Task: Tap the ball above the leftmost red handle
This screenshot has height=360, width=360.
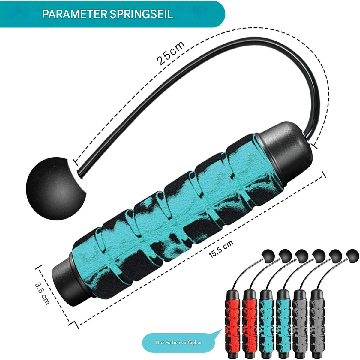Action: pyautogui.click(x=268, y=256)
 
